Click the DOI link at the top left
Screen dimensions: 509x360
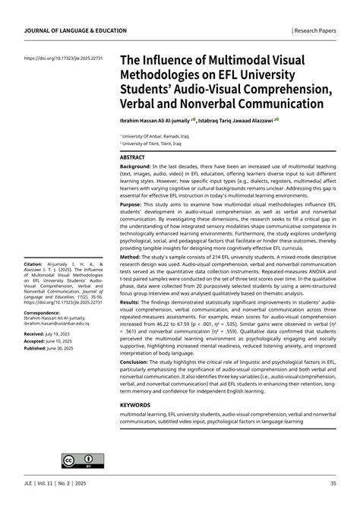point(64,58)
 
